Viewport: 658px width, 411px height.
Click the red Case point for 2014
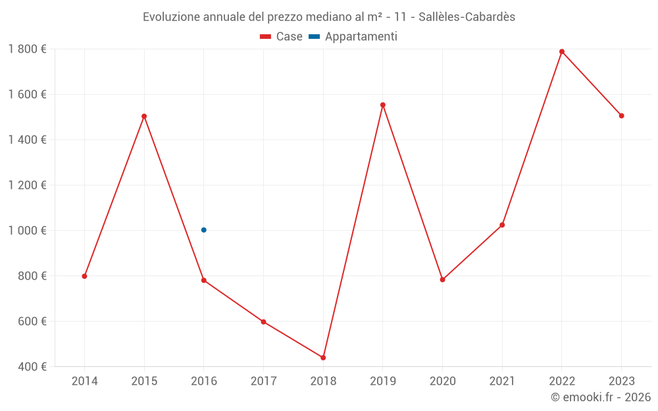84,276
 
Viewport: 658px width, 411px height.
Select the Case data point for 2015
144,116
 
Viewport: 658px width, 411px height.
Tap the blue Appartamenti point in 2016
204,230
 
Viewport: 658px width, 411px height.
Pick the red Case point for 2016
204,280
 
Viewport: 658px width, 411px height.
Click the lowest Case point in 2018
323,358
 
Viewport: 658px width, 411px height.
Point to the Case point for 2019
383,105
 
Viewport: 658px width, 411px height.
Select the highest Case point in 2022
562,51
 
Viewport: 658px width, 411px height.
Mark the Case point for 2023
621,116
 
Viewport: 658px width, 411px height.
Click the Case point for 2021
502,225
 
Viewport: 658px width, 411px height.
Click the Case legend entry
282,37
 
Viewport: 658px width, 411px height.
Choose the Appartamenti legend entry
353,37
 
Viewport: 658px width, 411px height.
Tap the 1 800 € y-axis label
27,49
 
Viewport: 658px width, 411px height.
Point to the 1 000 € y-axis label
27,230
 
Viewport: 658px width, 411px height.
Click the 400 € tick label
31,366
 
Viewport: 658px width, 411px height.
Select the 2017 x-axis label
263,381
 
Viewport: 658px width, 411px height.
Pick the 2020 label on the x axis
442,381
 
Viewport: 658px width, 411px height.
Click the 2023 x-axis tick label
621,381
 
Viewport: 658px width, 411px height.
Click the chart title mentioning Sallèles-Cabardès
329,16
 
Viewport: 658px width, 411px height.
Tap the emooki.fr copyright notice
600,397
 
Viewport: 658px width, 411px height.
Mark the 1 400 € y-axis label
27,139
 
